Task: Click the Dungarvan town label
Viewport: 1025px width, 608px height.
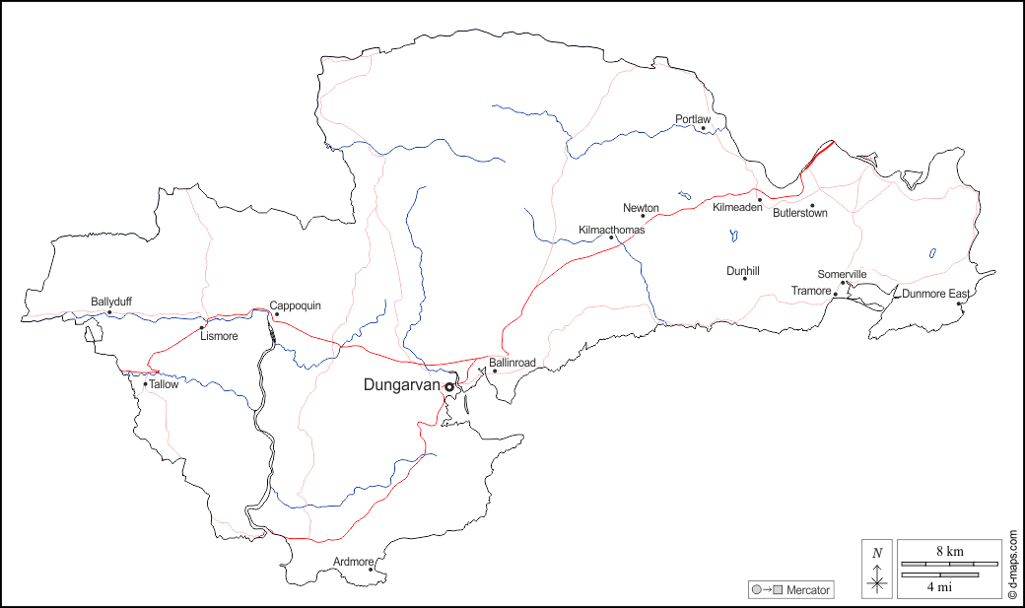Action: click(402, 385)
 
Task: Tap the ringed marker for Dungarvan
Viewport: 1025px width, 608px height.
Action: click(449, 387)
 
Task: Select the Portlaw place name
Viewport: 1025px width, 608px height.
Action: click(693, 119)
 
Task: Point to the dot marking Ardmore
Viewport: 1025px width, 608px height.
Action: click(371, 569)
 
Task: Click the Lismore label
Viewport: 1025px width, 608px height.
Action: click(219, 336)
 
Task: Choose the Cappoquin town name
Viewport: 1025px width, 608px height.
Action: click(296, 305)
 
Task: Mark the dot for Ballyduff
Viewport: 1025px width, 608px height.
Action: click(109, 312)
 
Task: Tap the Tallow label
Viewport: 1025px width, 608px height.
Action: click(165, 384)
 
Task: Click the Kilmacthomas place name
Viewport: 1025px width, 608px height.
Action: click(611, 230)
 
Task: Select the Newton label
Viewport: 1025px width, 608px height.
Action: click(641, 208)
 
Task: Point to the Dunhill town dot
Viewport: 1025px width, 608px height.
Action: click(744, 278)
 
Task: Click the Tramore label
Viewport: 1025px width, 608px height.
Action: click(811, 291)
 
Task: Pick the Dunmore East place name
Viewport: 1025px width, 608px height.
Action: click(935, 294)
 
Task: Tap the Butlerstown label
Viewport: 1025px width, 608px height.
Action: click(800, 213)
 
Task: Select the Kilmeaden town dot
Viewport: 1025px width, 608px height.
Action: click(760, 199)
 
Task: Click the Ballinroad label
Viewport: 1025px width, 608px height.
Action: click(512, 363)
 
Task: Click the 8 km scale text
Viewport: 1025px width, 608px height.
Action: click(949, 552)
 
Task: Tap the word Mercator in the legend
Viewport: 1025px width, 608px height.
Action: click(808, 590)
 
